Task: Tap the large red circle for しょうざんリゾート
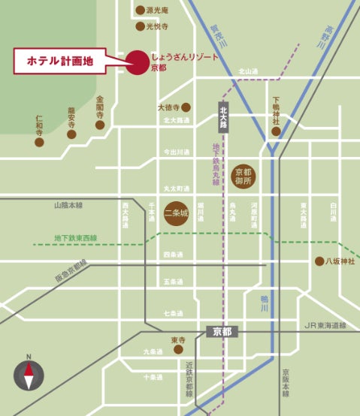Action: pyautogui.click(x=137, y=62)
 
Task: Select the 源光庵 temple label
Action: pyautogui.click(x=157, y=11)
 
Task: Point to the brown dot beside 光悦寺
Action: pyautogui.click(x=139, y=26)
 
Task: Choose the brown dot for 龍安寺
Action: pyautogui.click(x=72, y=134)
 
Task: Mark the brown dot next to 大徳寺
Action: pyautogui.click(x=186, y=107)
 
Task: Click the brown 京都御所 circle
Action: pyautogui.click(x=244, y=176)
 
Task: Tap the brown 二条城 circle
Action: pyautogui.click(x=175, y=213)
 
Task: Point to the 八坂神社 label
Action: pyautogui.click(x=340, y=261)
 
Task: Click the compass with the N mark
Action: pyautogui.click(x=29, y=374)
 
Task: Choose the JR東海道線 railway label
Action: pyautogui.click(x=325, y=326)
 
